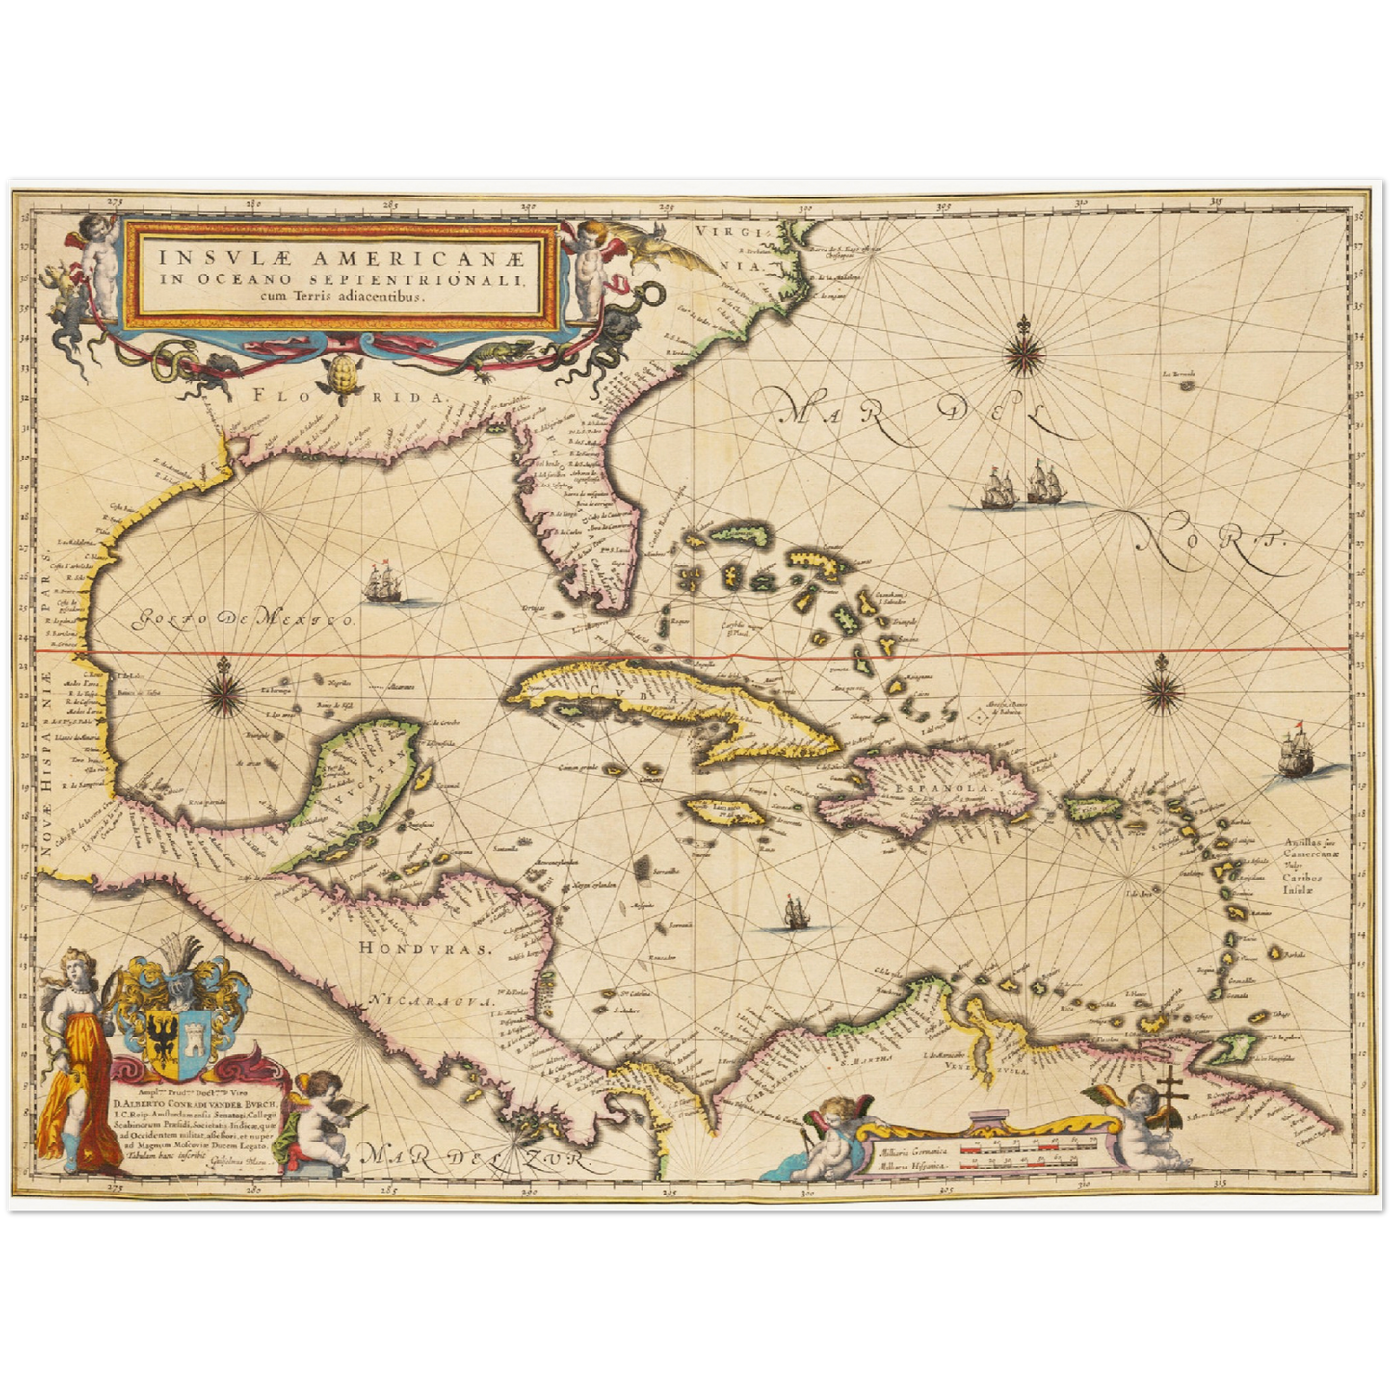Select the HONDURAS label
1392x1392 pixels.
425,948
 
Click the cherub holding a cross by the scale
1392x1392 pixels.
1137,1117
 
